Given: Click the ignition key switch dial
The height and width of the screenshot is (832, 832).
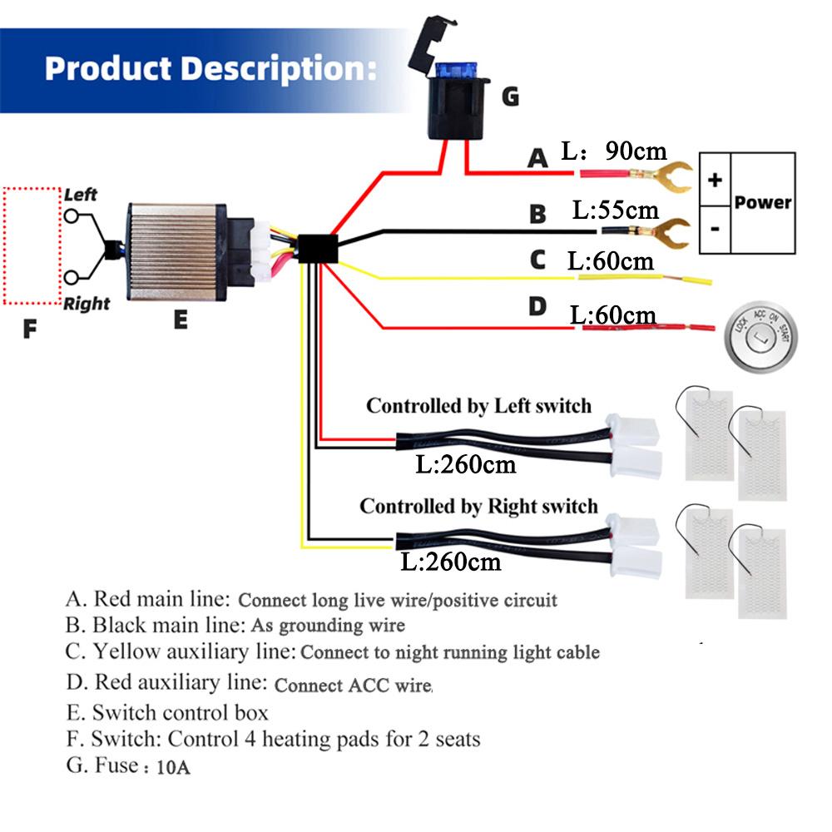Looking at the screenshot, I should tap(760, 337).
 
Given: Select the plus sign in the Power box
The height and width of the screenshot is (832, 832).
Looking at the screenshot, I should tap(715, 181).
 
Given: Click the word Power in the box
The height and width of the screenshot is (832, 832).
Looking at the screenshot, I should tap(763, 202).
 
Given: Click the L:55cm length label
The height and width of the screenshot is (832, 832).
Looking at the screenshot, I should tap(615, 210).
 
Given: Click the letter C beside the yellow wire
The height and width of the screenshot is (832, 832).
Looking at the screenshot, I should tap(537, 260).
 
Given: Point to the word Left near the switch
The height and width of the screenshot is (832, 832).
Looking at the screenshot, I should tap(81, 195).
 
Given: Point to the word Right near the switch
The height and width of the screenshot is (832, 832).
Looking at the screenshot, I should tap(87, 304).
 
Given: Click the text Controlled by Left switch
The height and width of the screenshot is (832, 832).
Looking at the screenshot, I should tap(478, 406).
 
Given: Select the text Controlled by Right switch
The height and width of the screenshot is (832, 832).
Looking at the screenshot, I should tap(478, 506).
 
